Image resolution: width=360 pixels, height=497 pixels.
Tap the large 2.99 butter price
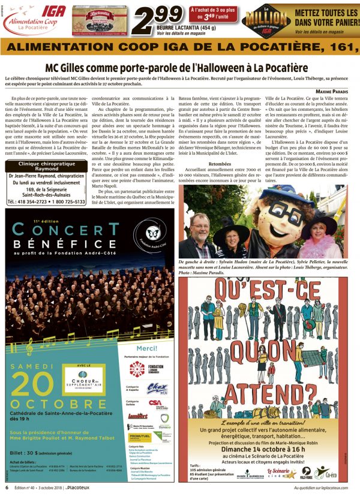point(154,20)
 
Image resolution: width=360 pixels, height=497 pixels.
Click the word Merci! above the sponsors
point(148,348)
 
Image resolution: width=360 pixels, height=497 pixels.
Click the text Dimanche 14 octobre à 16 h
point(263,446)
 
